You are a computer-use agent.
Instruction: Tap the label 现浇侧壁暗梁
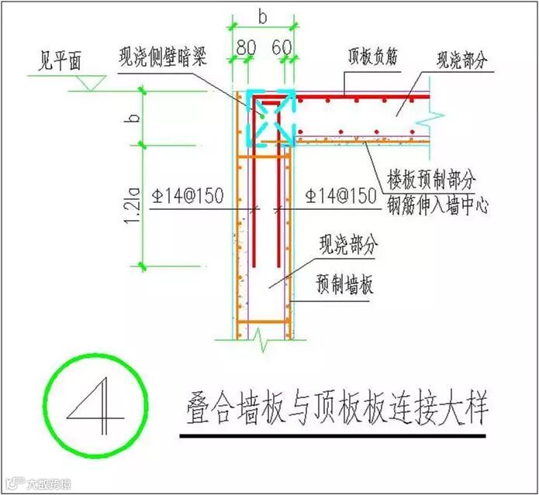point(163,57)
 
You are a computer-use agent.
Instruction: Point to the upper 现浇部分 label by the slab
point(464,58)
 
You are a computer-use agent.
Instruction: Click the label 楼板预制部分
point(430,180)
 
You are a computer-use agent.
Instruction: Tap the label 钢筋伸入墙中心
point(438,206)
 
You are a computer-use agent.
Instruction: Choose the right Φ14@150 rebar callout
point(341,198)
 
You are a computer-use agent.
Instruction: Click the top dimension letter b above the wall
point(263,15)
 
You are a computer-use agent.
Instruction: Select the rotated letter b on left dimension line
point(133,118)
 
